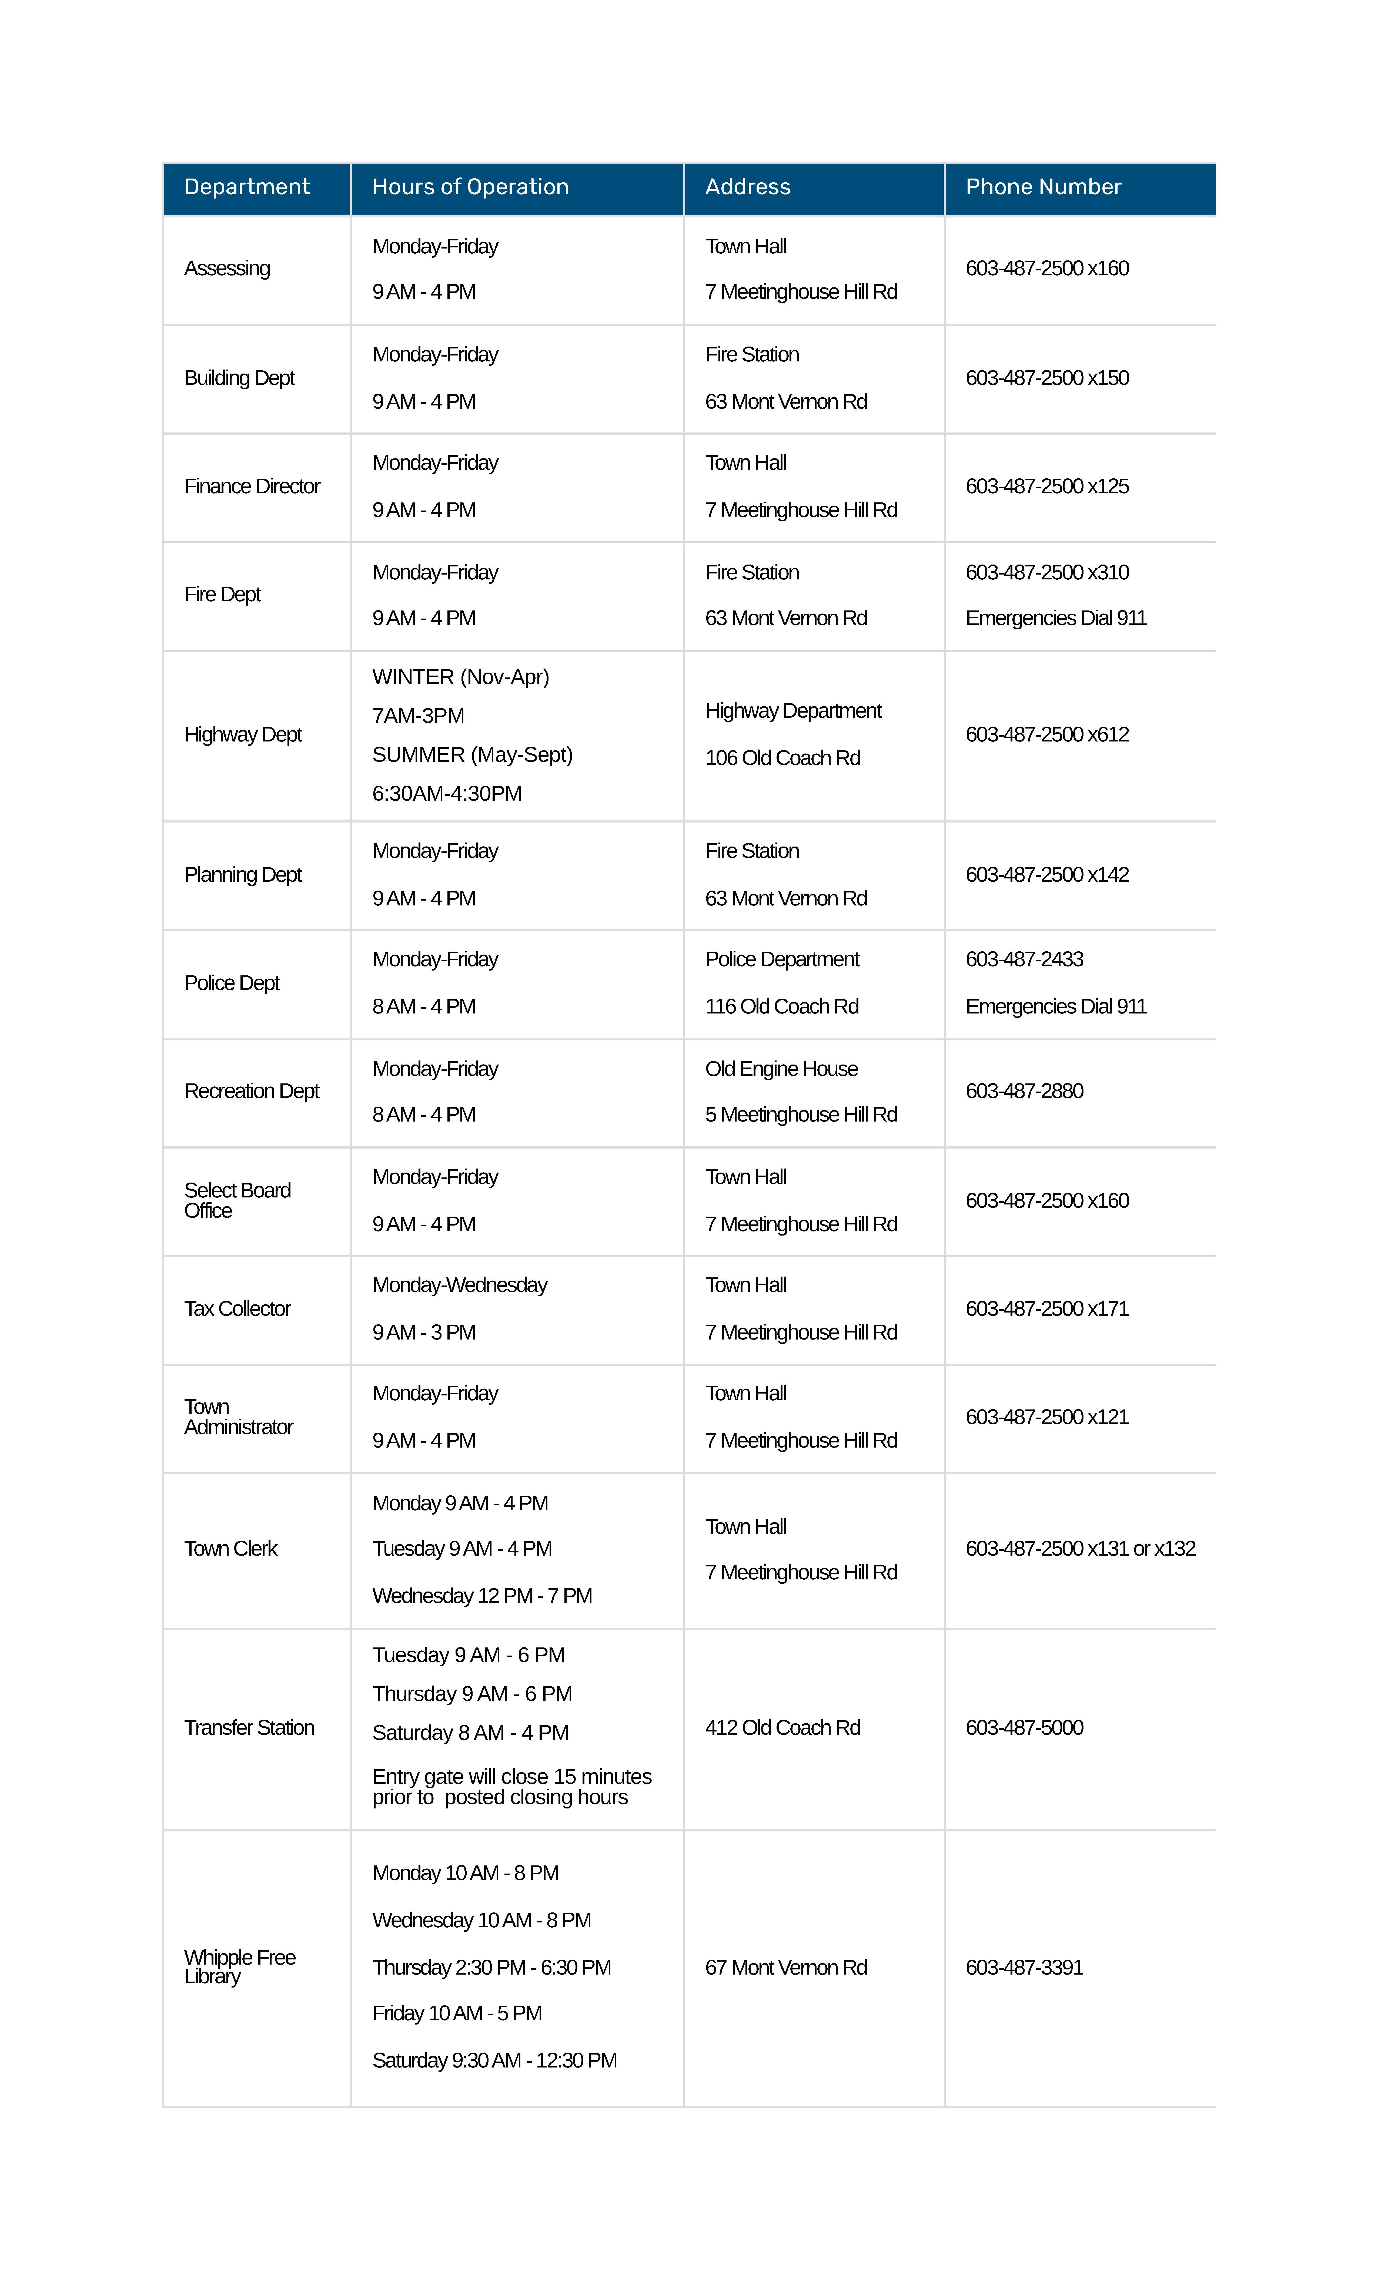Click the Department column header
pyautogui.click(x=247, y=187)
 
